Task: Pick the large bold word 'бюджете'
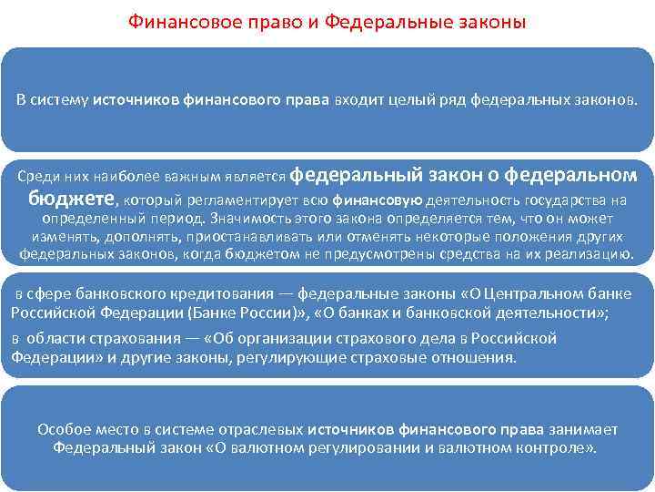click(71, 199)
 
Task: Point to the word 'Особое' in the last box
click(60, 429)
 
